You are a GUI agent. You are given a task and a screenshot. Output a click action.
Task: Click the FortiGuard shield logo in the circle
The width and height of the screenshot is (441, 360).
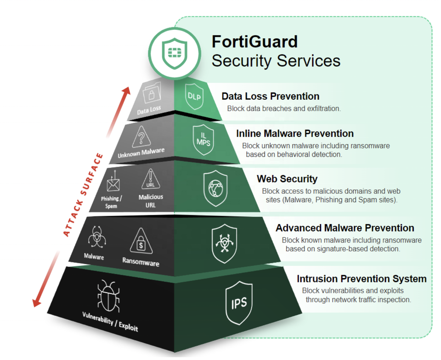174,52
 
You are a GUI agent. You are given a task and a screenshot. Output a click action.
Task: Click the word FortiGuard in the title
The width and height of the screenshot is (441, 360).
254,42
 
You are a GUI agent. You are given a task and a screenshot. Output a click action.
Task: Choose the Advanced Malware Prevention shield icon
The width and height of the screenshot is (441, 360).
224,242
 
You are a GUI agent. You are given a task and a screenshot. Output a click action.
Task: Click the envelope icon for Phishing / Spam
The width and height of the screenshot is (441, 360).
113,184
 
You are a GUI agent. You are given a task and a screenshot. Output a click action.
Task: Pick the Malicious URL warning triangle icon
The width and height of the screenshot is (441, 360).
150,180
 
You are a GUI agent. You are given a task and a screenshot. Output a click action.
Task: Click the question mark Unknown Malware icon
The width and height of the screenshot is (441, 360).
141,137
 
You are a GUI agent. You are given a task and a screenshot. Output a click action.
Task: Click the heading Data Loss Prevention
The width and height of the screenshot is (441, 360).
270,96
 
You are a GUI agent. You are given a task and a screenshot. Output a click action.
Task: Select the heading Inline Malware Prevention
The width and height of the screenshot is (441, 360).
295,134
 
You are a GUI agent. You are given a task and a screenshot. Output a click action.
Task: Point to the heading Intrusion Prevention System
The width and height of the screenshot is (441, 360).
362,279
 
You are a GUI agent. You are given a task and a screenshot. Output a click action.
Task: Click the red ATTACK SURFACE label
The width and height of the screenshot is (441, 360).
83,195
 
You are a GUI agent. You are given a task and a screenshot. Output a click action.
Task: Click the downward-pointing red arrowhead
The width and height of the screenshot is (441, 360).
36,304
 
